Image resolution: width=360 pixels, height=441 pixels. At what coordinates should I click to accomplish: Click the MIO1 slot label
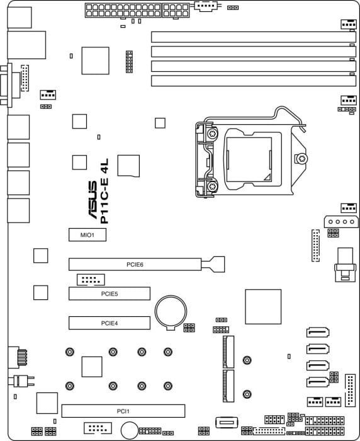pyautogui.click(x=87, y=235)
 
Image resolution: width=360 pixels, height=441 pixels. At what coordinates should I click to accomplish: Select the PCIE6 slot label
pyautogui.click(x=135, y=265)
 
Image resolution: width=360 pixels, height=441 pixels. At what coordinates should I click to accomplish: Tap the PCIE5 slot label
pyautogui.click(x=110, y=294)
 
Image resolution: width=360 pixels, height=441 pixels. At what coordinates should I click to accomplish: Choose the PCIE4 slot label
pyautogui.click(x=110, y=323)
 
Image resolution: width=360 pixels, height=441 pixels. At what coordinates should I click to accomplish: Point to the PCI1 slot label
pyautogui.click(x=123, y=411)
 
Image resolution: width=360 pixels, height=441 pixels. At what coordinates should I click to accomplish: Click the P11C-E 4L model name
pyautogui.click(x=104, y=192)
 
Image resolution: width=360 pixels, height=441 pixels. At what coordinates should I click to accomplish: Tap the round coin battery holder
pyautogui.click(x=171, y=312)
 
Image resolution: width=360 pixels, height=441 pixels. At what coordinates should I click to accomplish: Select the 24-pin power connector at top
pyautogui.click(x=123, y=11)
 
